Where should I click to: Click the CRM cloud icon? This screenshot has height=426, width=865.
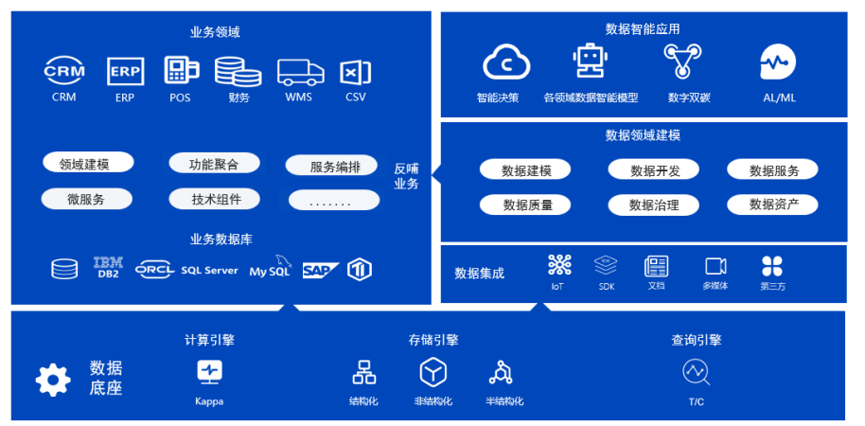[64, 71]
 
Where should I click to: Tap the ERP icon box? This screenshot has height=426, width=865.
[125, 71]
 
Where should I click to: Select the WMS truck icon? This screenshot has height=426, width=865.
[299, 72]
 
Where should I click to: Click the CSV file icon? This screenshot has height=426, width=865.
[355, 72]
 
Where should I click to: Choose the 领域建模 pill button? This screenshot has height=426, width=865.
[88, 164]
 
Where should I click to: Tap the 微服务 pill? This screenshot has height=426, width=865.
[86, 199]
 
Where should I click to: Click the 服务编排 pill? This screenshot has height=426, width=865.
[335, 167]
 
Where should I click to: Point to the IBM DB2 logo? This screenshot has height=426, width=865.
[108, 268]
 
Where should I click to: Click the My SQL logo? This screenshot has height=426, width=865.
[271, 268]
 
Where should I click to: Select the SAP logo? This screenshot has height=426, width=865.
[321, 270]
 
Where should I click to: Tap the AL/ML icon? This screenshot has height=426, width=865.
[778, 63]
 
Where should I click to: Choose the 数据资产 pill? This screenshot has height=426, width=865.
[772, 204]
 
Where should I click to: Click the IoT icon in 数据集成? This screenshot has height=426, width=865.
[558, 265]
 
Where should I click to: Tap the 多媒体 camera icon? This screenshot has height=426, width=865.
[715, 266]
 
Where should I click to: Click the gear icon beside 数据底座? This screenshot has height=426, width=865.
[53, 380]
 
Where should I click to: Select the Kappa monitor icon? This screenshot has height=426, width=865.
[209, 372]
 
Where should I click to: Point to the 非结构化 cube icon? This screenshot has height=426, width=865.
[432, 373]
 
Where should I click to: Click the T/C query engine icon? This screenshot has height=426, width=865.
[696, 373]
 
